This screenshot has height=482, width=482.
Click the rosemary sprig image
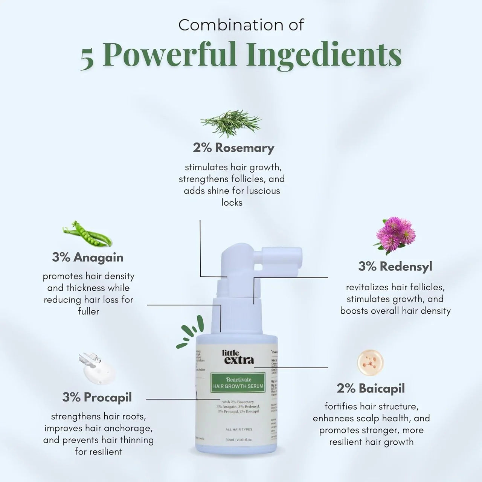[232, 123]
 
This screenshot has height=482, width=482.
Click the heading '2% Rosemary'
[233, 148]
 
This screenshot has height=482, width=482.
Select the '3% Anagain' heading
[88, 257]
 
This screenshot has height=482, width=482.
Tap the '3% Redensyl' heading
[395, 266]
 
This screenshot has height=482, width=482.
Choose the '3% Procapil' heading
[97, 397]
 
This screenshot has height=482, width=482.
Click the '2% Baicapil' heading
[371, 388]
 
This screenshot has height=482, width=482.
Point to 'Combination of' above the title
[241, 25]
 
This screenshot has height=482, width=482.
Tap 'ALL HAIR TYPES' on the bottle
[239, 429]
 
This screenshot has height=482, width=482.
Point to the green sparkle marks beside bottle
[191, 332]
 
